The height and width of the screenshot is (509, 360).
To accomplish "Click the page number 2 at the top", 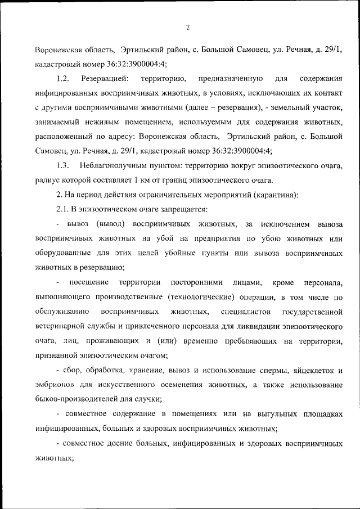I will pyautogui.click(x=188, y=26).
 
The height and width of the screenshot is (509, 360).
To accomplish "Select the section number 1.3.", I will pyautogui.click(x=62, y=165).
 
